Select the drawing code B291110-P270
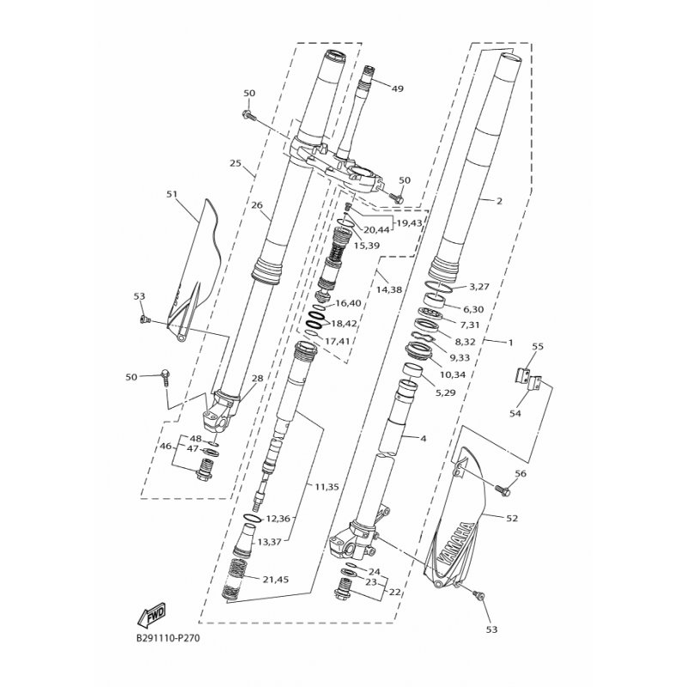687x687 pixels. pyautogui.click(x=168, y=638)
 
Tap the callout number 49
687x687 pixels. pyautogui.click(x=397, y=89)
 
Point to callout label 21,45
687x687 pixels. pyautogui.click(x=276, y=580)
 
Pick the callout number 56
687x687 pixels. pyautogui.click(x=520, y=474)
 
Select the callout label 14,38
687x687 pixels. pyautogui.click(x=389, y=289)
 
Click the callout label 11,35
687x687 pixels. pyautogui.click(x=326, y=487)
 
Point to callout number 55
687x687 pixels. pyautogui.click(x=538, y=347)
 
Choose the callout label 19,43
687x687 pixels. pyautogui.click(x=409, y=223)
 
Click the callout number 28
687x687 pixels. pyautogui.click(x=258, y=378)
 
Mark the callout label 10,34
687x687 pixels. pyautogui.click(x=453, y=374)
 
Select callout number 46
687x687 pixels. pyautogui.click(x=166, y=447)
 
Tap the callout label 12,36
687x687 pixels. pyautogui.click(x=277, y=519)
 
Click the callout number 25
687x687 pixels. pyautogui.click(x=235, y=163)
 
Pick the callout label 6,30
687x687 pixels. pyautogui.click(x=473, y=309)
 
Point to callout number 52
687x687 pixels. pyautogui.click(x=512, y=519)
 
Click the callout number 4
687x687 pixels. pyautogui.click(x=423, y=438)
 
